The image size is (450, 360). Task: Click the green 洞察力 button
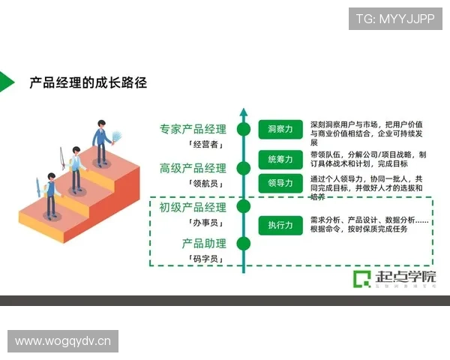[x=280, y=129]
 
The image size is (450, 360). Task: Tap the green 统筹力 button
[x=280, y=159]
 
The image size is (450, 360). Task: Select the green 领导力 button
[x=280, y=182]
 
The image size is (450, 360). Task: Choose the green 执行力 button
[x=280, y=225]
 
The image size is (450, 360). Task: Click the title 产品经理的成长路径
[x=88, y=82]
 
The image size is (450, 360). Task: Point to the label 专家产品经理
[x=192, y=129]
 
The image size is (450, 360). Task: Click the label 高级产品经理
[x=192, y=168]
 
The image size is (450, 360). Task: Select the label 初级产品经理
[x=192, y=207]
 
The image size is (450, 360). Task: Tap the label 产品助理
[x=203, y=243]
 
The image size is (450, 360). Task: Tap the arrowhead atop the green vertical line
[x=243, y=112]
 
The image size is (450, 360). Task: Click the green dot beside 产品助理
[x=243, y=243]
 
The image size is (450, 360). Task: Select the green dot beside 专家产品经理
[x=243, y=129]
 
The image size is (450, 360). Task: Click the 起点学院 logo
[x=394, y=278]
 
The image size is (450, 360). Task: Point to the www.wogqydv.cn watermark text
[x=63, y=342]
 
